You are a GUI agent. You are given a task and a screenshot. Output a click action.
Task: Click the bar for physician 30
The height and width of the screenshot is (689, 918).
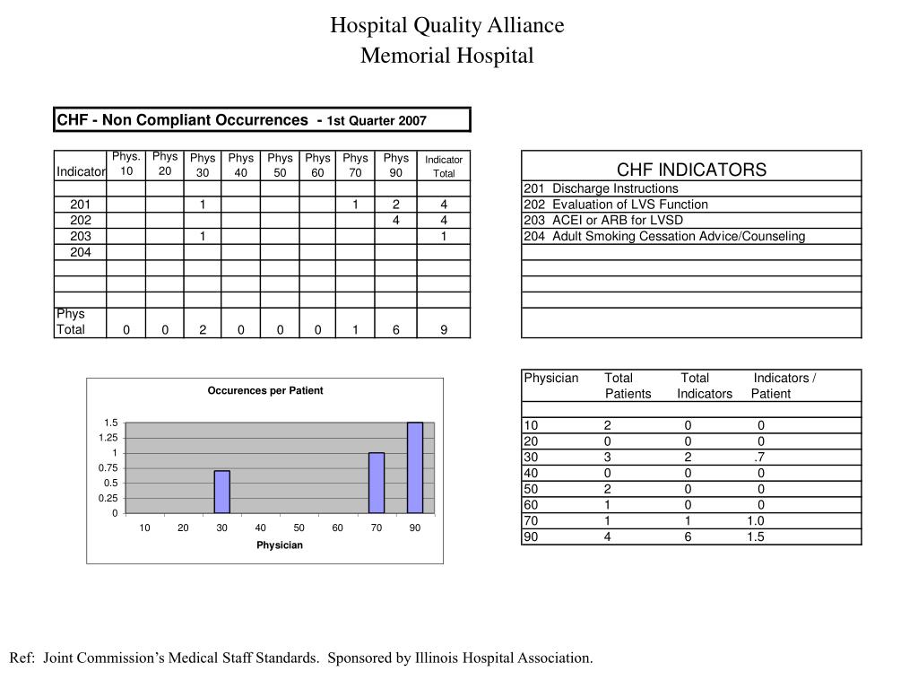(221, 492)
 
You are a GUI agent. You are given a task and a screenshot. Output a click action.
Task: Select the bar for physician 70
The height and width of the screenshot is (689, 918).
(377, 483)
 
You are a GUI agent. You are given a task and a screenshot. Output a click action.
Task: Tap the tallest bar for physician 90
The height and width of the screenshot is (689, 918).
(415, 467)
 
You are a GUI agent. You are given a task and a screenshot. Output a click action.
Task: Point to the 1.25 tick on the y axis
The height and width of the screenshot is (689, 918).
(108, 438)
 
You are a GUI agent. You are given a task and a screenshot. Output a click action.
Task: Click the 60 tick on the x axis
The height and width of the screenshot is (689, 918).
(338, 528)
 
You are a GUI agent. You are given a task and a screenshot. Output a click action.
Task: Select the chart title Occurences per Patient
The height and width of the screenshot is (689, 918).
(265, 391)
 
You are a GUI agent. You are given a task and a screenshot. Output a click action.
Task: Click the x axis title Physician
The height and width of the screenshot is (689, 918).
(280, 545)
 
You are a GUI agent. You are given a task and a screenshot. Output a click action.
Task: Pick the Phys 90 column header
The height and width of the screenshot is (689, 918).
(396, 165)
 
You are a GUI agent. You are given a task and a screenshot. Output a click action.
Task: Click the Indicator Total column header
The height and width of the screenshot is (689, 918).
(444, 166)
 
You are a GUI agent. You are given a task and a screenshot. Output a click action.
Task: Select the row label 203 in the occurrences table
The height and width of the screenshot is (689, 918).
(81, 236)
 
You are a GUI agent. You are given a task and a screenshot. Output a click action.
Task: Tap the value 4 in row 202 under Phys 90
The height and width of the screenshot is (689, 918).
(396, 220)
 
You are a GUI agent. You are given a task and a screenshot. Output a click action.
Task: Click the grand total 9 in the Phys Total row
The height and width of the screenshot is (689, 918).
(444, 329)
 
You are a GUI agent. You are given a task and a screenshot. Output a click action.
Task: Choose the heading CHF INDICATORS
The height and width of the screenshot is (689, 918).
(691, 170)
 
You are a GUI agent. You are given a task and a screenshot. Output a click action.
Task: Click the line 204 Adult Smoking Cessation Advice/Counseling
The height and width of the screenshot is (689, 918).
(664, 236)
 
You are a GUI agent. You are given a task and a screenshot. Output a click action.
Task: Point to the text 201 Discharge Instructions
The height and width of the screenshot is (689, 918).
(601, 188)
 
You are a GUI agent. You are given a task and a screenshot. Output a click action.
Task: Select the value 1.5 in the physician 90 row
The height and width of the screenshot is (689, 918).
(755, 536)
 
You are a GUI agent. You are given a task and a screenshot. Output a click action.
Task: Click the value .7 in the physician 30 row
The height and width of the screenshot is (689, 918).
(758, 456)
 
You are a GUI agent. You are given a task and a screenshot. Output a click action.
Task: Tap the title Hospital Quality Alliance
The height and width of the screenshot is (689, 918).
(446, 25)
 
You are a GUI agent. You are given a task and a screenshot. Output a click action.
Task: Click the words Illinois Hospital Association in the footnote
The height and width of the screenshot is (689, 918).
(502, 658)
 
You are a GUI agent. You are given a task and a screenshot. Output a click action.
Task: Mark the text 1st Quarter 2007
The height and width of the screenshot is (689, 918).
(377, 120)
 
